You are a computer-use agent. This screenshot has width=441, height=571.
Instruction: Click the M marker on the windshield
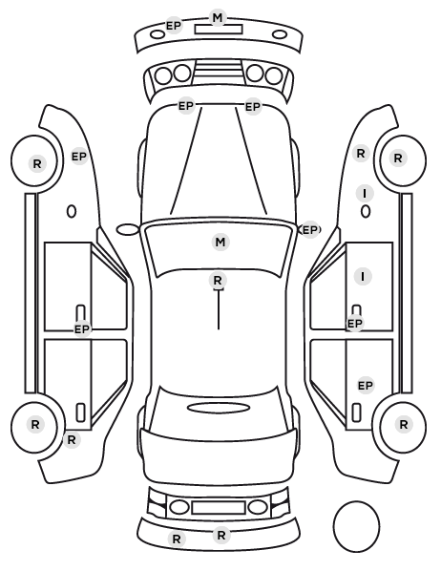point(220,243)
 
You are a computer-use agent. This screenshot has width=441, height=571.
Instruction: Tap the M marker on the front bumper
point(218,17)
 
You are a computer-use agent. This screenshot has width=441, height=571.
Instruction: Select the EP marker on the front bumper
point(174,26)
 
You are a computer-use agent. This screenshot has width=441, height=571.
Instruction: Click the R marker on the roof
point(218,281)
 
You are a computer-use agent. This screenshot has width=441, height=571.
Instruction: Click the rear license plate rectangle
point(219,507)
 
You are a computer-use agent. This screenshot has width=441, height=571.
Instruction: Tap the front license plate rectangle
point(219,30)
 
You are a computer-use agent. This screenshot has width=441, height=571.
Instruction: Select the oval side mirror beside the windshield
point(128,230)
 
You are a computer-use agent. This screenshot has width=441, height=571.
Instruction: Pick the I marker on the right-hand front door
point(363,276)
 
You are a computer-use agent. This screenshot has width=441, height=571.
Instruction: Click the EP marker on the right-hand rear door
point(366,385)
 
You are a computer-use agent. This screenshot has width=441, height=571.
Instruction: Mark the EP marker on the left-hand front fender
point(79,157)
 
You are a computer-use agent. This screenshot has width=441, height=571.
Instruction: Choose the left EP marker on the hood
point(186,106)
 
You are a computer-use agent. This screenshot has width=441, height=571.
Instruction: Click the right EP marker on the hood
point(253,107)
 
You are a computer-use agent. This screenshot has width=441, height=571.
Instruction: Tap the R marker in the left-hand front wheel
point(37,163)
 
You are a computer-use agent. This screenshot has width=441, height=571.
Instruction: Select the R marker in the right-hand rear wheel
point(404,424)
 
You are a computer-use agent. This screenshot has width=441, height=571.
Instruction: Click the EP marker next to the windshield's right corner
point(310,230)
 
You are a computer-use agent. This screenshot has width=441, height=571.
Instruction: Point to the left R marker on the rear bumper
point(177,539)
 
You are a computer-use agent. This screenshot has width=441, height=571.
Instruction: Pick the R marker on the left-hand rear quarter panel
point(72,439)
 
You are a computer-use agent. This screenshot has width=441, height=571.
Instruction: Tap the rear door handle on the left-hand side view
point(80,412)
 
